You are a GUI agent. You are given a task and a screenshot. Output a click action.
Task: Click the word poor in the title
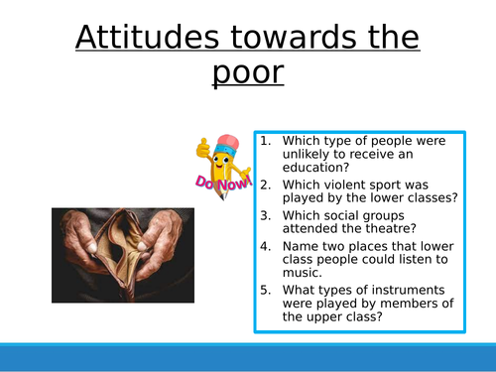click(247, 76)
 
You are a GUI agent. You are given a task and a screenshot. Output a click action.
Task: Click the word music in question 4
click(304, 273)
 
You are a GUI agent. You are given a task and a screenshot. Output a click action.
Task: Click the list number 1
click(265, 140)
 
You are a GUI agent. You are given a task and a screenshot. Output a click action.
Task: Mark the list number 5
click(265, 289)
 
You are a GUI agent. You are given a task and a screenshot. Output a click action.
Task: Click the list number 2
click(265, 184)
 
